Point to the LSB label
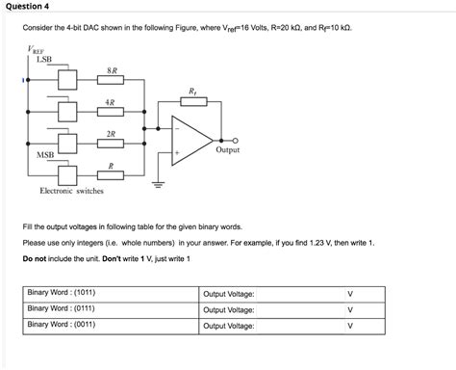point(43,60)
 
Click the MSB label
point(45,154)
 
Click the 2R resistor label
point(112,134)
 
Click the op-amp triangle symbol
point(193,140)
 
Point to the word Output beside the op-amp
point(228,150)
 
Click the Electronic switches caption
point(71,191)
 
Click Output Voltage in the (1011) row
point(229,293)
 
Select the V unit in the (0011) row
point(350,326)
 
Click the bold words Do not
point(38,259)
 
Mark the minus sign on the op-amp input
point(177,129)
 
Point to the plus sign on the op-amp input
point(177,152)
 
